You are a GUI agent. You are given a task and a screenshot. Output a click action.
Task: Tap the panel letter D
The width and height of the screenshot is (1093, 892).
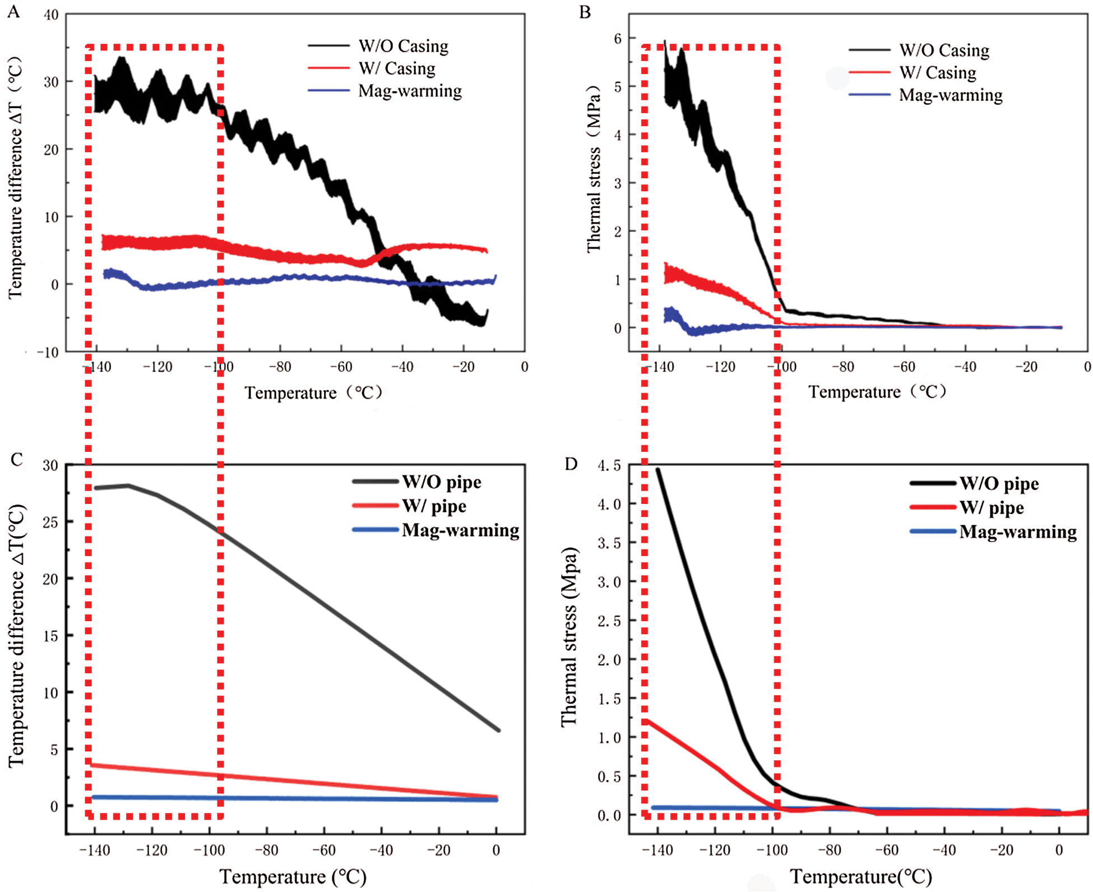(571, 464)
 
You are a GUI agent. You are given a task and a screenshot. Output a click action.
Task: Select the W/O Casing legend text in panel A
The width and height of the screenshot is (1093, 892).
(404, 46)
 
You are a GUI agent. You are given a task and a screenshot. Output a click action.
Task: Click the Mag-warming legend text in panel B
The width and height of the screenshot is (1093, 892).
(951, 95)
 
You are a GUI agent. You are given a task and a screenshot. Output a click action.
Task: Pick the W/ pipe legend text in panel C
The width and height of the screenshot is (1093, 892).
(434, 506)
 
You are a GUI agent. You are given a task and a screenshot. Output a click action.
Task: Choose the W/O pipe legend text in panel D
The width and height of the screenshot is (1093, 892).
(999, 484)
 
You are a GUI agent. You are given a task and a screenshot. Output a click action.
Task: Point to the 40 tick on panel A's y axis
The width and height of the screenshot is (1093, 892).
(51, 15)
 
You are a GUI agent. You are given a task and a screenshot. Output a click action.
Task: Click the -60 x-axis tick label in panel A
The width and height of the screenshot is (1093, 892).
(340, 367)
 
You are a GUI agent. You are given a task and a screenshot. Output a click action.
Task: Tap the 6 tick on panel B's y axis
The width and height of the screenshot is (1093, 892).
(618, 38)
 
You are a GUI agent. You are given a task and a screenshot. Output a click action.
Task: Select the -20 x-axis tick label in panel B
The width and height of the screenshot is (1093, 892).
(1026, 367)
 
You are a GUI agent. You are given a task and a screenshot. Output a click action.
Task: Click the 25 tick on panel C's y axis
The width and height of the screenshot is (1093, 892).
(50, 523)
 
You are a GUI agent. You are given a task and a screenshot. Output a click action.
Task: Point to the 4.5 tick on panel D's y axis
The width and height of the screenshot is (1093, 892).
(609, 465)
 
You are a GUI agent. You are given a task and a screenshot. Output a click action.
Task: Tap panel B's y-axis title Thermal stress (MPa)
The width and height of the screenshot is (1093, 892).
(594, 168)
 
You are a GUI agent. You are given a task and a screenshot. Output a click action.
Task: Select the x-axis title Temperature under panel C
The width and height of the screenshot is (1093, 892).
(293, 877)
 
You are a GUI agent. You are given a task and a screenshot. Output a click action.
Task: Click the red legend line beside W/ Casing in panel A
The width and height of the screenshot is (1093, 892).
(328, 68)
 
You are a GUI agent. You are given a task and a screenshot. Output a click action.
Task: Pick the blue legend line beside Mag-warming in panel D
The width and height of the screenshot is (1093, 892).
(933, 531)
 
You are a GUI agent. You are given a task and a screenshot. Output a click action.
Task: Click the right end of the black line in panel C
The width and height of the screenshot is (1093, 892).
(498, 730)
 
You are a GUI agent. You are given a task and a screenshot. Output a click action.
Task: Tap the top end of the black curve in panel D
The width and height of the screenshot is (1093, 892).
(657, 470)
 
